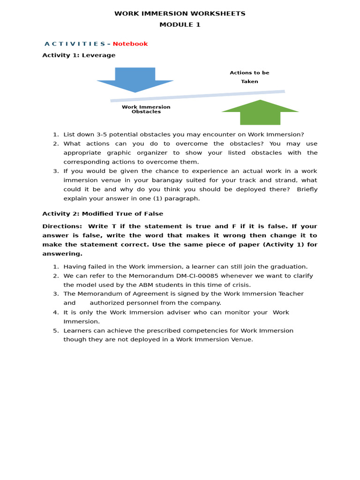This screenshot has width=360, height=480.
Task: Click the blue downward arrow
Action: click(135, 79)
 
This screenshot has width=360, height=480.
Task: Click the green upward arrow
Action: click(260, 113)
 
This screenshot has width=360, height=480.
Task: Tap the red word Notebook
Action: click(130, 44)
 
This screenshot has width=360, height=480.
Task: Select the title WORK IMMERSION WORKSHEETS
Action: click(180, 14)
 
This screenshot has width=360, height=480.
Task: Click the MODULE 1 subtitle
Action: click(180, 25)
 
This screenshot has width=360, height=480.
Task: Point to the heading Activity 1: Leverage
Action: click(79, 55)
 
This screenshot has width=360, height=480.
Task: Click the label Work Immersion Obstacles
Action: click(146, 109)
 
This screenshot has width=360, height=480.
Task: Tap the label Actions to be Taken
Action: click(249, 77)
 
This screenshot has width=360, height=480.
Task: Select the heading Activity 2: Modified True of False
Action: click(103, 214)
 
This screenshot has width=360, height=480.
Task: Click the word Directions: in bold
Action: click(62, 226)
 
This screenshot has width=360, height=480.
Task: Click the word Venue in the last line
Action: click(241, 339)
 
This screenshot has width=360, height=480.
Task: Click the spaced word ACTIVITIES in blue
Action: click(75, 44)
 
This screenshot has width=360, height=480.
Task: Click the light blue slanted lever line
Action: click(197, 96)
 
